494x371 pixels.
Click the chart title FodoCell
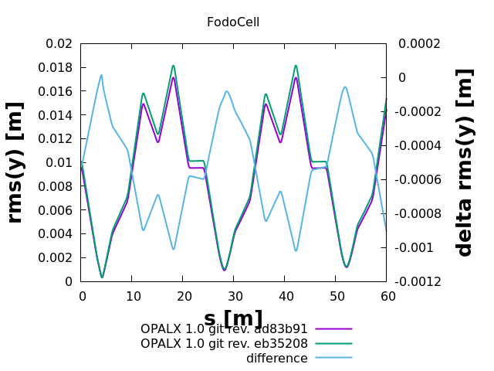pyautogui.click(x=232, y=22)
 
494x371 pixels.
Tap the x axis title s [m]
pyautogui.click(x=233, y=318)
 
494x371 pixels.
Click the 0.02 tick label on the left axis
pyautogui.click(x=59, y=43)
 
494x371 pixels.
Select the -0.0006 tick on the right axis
pyautogui.click(x=421, y=179)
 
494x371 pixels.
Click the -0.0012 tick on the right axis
pyautogui.click(x=421, y=281)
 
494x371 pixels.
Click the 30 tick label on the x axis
pyautogui.click(x=235, y=296)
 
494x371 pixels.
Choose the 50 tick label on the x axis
pyautogui.click(x=337, y=296)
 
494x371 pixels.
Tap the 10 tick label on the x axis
pyautogui.click(x=133, y=296)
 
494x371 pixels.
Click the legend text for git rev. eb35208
pyautogui.click(x=224, y=343)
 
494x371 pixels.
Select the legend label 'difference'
pyautogui.click(x=276, y=358)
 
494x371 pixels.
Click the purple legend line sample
pyautogui.click(x=333, y=329)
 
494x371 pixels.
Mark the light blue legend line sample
pyautogui.click(x=333, y=358)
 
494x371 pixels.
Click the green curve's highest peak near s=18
pyautogui.click(x=174, y=66)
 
